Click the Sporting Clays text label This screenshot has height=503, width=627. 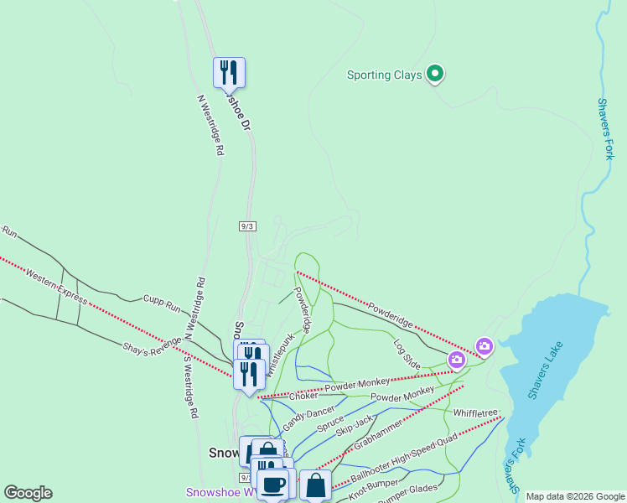click(384, 75)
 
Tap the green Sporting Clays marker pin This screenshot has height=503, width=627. click(435, 75)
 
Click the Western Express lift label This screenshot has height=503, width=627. click(56, 286)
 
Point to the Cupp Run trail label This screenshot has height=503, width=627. click(162, 303)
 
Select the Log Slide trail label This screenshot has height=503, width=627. click(407, 354)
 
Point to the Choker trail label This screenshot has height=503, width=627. click(303, 396)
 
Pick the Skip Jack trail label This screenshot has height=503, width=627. click(354, 427)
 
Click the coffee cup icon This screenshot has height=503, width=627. click(273, 484)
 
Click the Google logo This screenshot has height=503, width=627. click(28, 493)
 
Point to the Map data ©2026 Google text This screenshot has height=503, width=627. click(574, 496)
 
